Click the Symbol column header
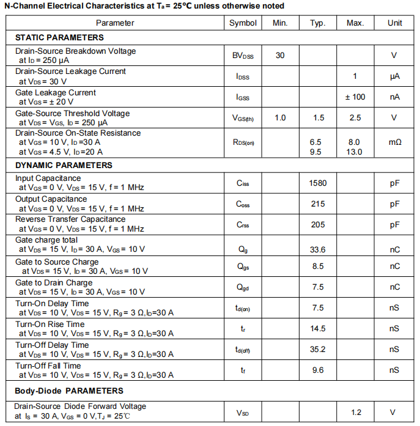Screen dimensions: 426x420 coord(243,23)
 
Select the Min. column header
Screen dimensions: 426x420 coord(280,23)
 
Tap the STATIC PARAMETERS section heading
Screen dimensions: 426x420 coord(59,38)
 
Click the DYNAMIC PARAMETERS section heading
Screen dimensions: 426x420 coord(64,165)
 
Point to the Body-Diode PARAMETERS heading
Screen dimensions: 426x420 coord(69,391)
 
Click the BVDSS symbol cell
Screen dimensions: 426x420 coord(243,56)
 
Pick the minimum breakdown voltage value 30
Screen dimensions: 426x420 coord(280,56)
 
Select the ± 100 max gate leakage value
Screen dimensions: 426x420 coord(355,97)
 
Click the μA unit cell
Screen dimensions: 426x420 coord(394,76)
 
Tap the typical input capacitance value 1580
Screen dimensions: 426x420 coord(317,183)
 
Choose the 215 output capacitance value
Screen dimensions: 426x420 coord(317,204)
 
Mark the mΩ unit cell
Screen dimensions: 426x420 coord(394,142)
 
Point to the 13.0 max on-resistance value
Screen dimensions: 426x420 coord(355,152)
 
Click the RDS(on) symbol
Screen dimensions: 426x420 coord(243,142)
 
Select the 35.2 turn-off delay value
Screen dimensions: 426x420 coord(317,350)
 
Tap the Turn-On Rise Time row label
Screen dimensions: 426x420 coord(50,324)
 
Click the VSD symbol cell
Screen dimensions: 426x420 coord(243,413)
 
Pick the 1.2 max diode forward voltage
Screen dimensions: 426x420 coord(355,413)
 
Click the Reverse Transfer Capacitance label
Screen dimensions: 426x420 coord(70,219)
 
